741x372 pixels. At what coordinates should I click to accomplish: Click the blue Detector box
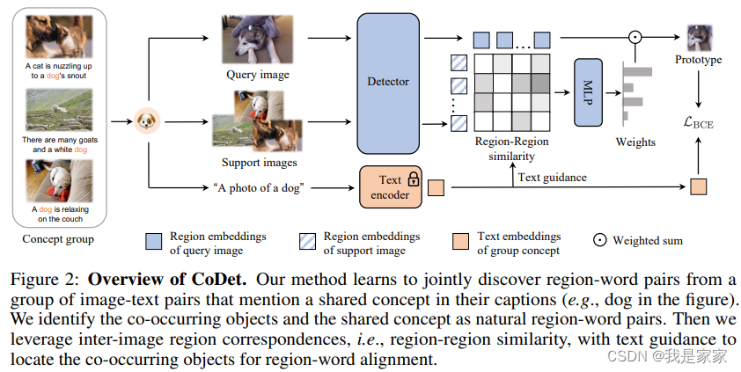tap(388, 82)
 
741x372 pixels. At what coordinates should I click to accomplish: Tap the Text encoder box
tap(390, 187)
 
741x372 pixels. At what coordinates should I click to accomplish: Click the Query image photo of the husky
tap(257, 40)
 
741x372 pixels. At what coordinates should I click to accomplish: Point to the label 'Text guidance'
tap(552, 177)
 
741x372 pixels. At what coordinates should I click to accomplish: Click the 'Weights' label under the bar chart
tap(635, 142)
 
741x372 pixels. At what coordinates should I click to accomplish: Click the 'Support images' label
tap(260, 163)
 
